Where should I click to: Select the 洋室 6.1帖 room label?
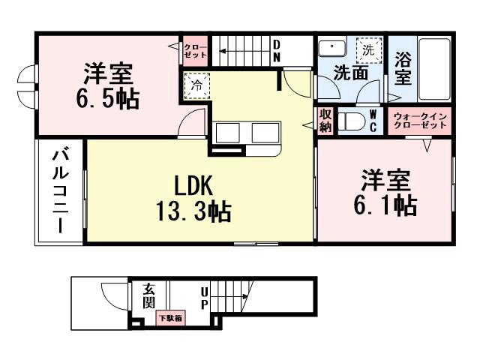(385, 193)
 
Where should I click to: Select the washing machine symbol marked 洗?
(367, 51)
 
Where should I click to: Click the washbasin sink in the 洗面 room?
(328, 49)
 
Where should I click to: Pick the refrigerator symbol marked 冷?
(193, 85)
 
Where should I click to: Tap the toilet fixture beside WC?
(351, 121)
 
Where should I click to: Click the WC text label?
(373, 120)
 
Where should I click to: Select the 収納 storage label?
(325, 120)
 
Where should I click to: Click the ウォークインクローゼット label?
(420, 121)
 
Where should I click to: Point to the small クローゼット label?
(195, 51)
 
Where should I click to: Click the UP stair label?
(203, 298)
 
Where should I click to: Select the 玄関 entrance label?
(148, 295)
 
